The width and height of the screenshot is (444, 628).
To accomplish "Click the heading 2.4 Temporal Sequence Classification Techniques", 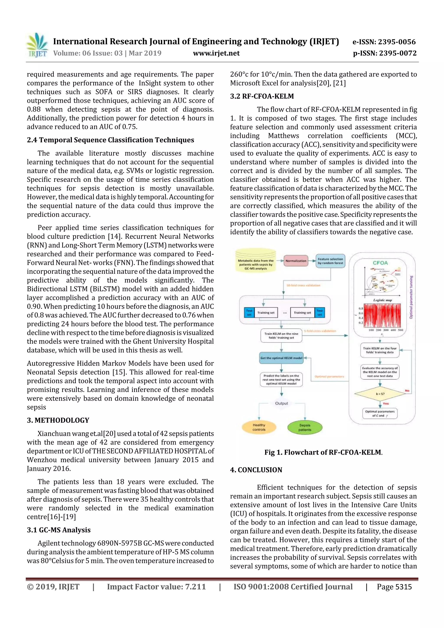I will coord(110,140).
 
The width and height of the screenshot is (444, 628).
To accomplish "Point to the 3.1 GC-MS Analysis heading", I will coord(59,530).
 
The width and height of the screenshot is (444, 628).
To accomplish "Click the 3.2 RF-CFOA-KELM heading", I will coord(262,96).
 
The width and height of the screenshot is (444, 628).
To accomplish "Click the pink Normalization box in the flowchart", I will coord(296,261).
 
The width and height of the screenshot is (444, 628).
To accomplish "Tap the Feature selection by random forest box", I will coord(330,261).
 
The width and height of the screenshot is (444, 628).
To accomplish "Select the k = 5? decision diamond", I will coord(380,394).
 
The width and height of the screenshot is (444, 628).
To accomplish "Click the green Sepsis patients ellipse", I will coord(305,427).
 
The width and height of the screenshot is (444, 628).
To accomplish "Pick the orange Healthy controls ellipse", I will coord(259,427).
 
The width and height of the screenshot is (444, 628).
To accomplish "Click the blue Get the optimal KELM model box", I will coord(281,358).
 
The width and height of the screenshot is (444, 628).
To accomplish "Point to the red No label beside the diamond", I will coord(407,391).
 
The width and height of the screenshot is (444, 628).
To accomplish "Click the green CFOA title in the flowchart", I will coord(380,263).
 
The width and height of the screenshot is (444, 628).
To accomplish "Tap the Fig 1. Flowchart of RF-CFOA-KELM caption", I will coord(323,452).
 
